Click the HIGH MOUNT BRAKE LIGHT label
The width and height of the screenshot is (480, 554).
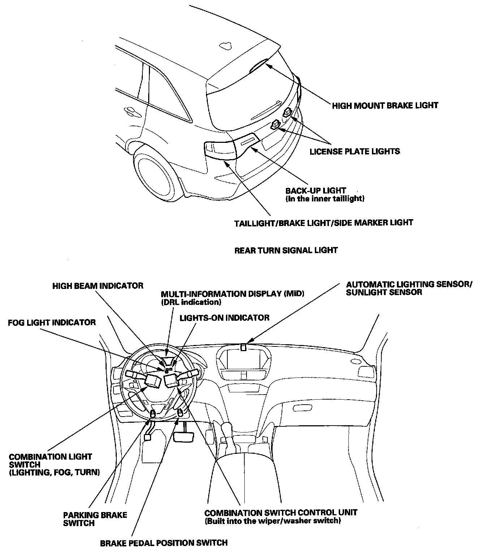click(385, 105)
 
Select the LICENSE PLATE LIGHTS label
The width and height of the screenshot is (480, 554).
click(355, 151)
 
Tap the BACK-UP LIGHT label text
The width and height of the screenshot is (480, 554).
click(316, 191)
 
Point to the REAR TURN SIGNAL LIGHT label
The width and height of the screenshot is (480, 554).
click(286, 250)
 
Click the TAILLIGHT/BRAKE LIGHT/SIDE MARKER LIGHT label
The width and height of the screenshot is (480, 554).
click(323, 222)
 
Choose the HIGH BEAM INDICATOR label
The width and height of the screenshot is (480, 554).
click(98, 286)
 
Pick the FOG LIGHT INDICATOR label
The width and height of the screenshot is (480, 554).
click(52, 322)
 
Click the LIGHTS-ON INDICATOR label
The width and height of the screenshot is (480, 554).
click(224, 318)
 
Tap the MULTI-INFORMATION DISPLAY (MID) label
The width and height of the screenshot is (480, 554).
click(232, 294)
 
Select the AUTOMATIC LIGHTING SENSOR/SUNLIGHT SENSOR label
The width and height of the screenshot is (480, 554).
click(408, 288)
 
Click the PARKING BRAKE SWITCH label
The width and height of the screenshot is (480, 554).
click(95, 519)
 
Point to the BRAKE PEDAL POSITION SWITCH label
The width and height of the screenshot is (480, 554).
click(164, 542)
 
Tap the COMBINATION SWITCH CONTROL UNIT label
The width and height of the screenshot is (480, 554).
click(280, 513)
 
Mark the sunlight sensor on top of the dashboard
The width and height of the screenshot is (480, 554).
click(244, 347)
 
